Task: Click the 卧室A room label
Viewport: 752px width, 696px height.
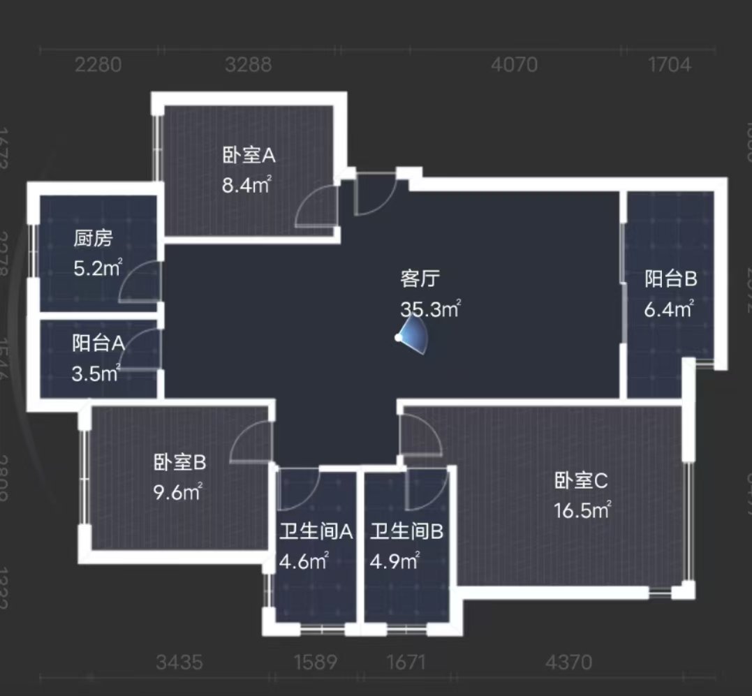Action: (x=249, y=156)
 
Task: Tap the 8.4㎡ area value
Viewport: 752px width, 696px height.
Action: (x=246, y=186)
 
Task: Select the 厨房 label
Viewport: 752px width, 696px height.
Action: (x=93, y=239)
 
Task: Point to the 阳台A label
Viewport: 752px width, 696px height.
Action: (x=98, y=343)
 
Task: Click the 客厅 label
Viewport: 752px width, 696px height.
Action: (x=420, y=279)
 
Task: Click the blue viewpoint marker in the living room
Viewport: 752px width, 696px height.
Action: (x=399, y=338)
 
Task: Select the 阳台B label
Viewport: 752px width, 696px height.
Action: (x=670, y=279)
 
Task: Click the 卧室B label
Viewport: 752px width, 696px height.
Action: (x=179, y=461)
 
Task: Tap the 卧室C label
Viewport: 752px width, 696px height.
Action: (x=582, y=480)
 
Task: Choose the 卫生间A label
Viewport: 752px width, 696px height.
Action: (x=316, y=532)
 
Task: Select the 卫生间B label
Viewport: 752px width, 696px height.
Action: (x=406, y=532)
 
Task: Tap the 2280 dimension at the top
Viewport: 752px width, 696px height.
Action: (x=98, y=65)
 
